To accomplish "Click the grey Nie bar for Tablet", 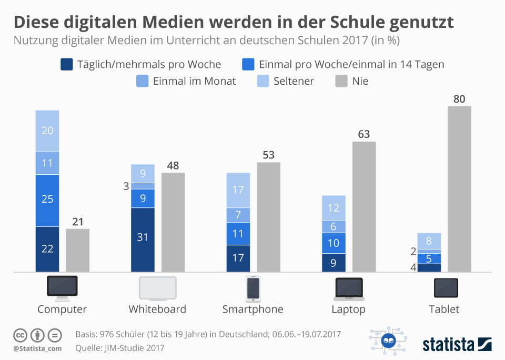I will [459, 189].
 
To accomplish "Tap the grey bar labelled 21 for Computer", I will [77, 250].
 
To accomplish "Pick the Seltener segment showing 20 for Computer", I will [47, 131].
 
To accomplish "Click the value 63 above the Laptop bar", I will [364, 134].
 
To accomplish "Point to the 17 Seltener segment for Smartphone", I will [238, 190].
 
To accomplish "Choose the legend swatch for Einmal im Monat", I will [143, 81].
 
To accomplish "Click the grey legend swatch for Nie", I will [341, 81].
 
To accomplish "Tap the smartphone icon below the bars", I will [253, 288].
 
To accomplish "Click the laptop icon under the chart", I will [349, 288].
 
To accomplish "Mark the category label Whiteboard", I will [157, 309].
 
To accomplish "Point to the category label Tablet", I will [444, 309].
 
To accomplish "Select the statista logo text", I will [447, 345].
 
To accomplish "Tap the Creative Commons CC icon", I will [21, 335].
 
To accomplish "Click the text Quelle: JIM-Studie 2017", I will [120, 347].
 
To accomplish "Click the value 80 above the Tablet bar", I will [459, 98].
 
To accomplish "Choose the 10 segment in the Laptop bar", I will [334, 243].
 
